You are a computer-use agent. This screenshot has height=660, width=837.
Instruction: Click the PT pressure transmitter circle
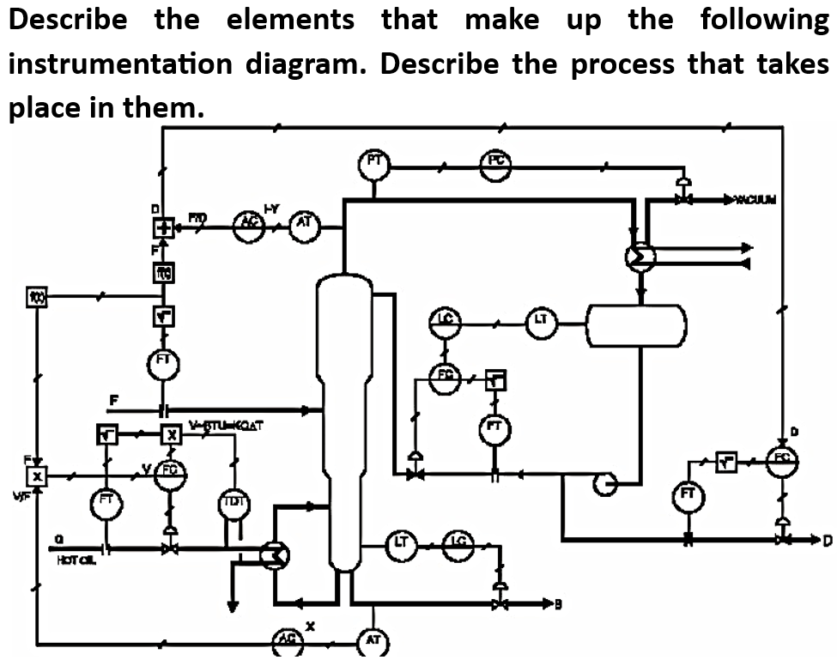click(x=374, y=164)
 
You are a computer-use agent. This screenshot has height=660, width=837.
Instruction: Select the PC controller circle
click(x=496, y=164)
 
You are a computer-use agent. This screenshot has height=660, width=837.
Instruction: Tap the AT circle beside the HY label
click(x=304, y=226)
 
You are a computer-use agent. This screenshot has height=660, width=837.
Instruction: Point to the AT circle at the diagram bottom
click(x=373, y=643)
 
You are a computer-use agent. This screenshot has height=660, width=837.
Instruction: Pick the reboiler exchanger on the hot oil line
click(x=275, y=556)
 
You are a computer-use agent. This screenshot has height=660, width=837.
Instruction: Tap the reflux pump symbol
click(x=605, y=484)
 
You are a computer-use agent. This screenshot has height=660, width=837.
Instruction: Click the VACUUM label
click(x=753, y=200)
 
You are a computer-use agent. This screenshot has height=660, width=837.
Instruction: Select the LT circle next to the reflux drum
click(x=541, y=323)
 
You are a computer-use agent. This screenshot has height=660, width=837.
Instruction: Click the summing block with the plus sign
click(x=163, y=228)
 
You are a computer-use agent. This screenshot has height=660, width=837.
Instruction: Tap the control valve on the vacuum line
click(x=684, y=198)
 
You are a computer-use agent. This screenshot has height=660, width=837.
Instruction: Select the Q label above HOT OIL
click(x=58, y=537)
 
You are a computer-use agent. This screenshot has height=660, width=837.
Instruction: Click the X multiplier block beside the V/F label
click(x=37, y=475)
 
